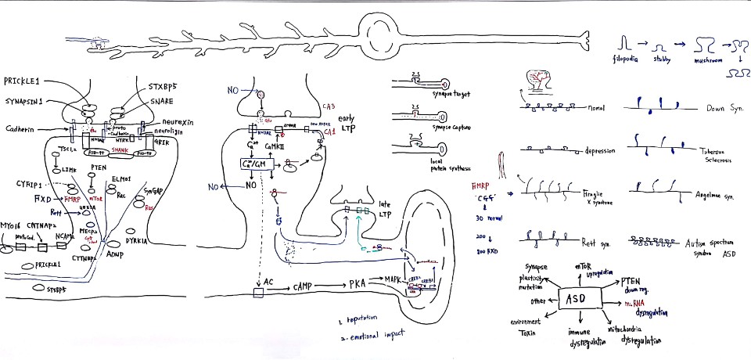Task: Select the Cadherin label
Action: [23, 128]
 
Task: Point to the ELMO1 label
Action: [121, 179]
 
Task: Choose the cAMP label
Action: [305, 287]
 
